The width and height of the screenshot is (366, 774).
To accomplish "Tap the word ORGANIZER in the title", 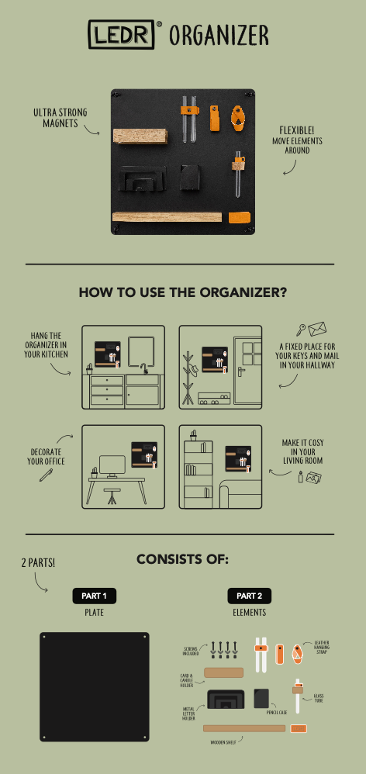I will point(219,35).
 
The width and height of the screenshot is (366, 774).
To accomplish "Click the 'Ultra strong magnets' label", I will point(60,117).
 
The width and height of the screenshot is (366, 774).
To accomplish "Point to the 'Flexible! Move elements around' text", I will point(297,140).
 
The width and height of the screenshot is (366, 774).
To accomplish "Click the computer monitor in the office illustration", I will point(112,465).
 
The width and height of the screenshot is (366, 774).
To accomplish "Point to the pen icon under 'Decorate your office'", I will point(46,473).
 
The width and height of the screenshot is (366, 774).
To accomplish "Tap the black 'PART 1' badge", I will point(95,596).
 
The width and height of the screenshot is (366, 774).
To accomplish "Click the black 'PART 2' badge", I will point(249,596).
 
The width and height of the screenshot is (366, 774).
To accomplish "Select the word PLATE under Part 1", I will point(95,612).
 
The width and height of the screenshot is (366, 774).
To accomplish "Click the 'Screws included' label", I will point(190,651).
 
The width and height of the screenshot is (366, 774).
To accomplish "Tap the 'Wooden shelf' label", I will point(223,741).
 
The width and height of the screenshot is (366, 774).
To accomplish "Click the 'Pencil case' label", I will point(277,711).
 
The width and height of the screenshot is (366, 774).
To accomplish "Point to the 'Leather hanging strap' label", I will point(323,648).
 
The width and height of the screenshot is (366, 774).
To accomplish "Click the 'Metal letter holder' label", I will point(188,712).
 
